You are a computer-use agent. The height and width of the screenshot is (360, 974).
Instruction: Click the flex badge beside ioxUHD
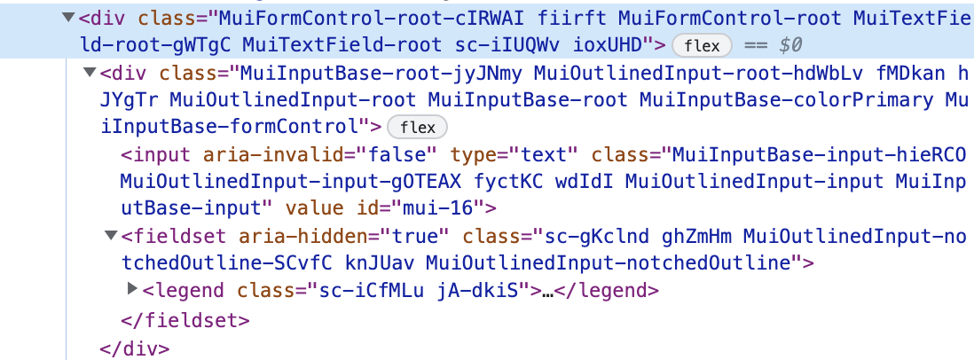pos(702,46)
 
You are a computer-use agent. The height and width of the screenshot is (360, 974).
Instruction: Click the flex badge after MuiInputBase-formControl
pos(418,128)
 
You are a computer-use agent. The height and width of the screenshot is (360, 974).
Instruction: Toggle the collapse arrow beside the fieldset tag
pos(111,235)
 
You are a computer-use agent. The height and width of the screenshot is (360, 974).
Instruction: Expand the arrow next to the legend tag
pos(132,288)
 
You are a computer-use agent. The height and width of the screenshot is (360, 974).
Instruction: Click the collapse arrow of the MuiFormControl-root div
pos(69,17)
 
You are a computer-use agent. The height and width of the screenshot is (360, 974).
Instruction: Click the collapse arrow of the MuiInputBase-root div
pos(90,73)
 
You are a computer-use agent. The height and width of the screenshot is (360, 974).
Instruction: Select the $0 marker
pos(790,45)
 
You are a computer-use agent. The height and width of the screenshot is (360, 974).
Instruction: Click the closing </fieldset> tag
pos(185,321)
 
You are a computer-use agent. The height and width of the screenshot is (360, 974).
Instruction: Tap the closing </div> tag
pos(134,348)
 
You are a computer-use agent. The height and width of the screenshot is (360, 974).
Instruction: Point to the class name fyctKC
pos(507,182)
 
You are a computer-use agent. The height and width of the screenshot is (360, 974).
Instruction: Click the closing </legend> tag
pos(606,291)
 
